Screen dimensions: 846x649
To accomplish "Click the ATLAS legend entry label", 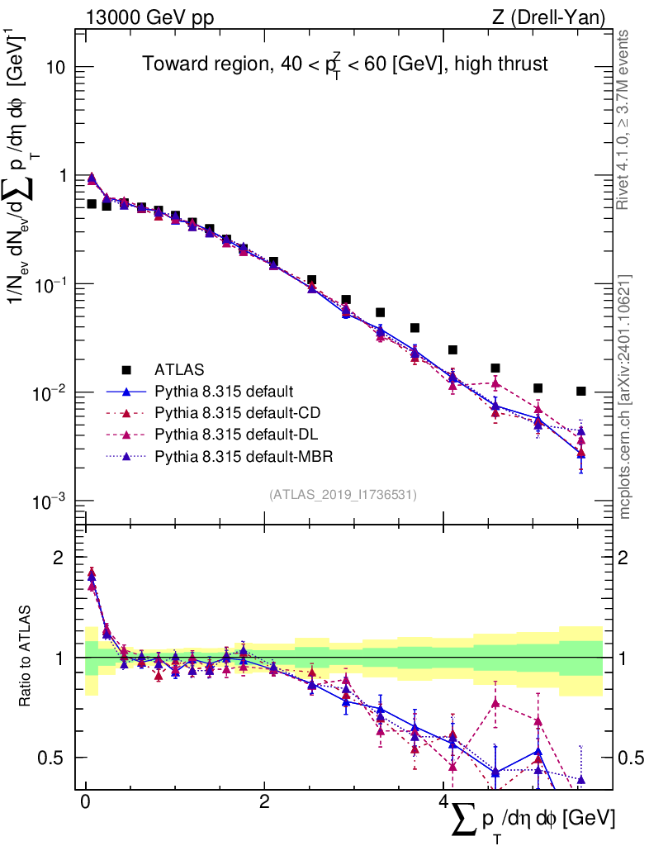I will point(179,368).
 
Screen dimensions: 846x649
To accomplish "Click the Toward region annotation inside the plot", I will point(345,64).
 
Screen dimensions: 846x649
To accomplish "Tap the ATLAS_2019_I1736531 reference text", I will point(343,495).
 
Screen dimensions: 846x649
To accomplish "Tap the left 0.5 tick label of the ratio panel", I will point(54,758).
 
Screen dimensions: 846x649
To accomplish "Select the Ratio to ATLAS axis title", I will point(26,657).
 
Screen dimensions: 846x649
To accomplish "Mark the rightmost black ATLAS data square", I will point(581,391).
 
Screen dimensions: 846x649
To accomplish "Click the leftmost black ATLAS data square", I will point(92,203).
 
